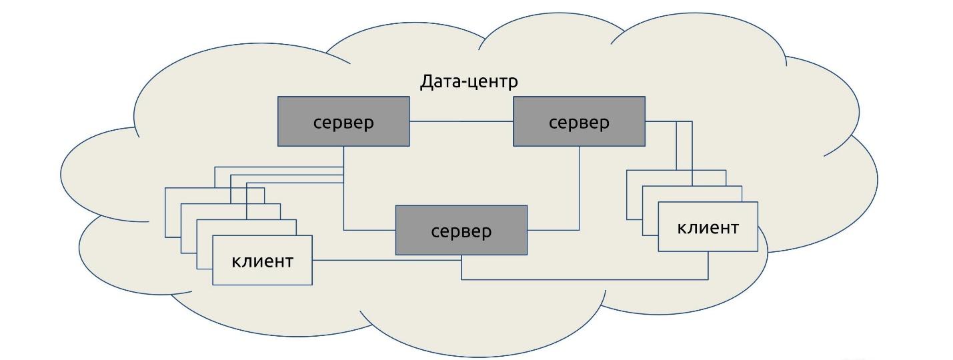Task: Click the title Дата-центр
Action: click(x=468, y=82)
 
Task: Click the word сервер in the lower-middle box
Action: click(x=461, y=231)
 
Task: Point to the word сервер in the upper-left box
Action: click(x=343, y=123)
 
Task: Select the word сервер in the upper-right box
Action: click(x=579, y=123)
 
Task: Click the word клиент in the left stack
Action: click(x=262, y=261)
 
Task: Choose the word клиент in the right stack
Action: click(x=708, y=227)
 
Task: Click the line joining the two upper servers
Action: click(x=461, y=121)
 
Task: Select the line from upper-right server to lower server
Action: click(x=579, y=193)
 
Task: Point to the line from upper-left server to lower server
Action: click(x=343, y=207)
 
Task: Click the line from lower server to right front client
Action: click(x=587, y=279)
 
